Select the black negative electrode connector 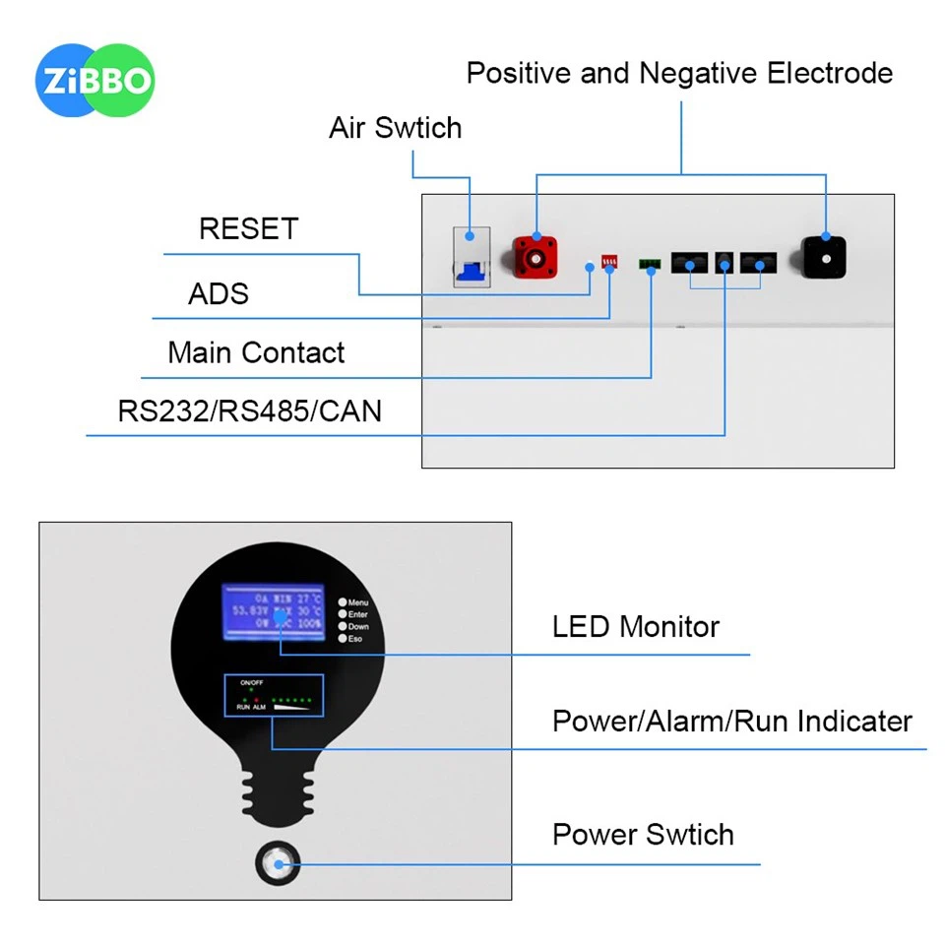825,259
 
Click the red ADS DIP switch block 609,263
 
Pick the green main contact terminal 650,264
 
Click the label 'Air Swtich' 395,128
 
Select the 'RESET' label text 248,229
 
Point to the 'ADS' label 219,293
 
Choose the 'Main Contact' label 256,353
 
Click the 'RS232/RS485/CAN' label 249,410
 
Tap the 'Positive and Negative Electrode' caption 679,73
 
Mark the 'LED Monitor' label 635,627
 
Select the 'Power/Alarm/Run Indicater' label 731,722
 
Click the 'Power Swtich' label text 643,835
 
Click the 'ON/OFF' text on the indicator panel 252,682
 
